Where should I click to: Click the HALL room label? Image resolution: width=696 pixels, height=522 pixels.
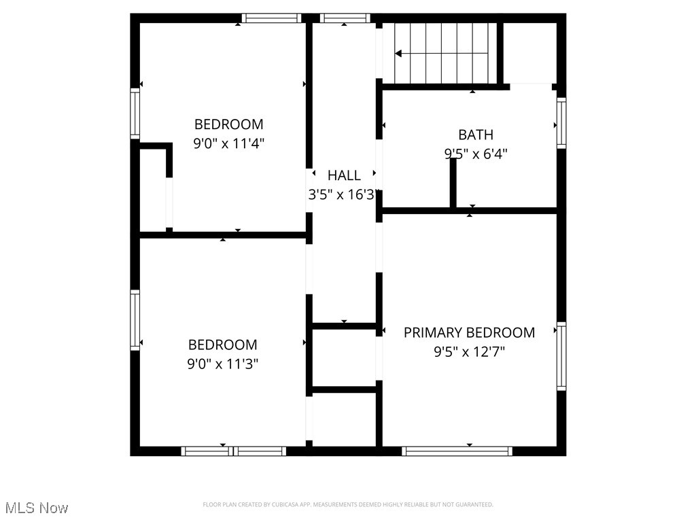[x=344, y=175]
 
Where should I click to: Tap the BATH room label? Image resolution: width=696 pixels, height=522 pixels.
[x=475, y=135]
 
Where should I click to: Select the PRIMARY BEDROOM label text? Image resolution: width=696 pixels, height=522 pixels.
[x=469, y=332]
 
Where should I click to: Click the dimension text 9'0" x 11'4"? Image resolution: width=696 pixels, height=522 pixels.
[x=228, y=143]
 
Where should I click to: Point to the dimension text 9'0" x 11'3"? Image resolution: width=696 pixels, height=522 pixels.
[x=222, y=364]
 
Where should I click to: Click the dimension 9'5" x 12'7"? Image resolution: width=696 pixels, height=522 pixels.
[x=469, y=352]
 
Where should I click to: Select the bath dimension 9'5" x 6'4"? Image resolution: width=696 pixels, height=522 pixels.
[x=475, y=154]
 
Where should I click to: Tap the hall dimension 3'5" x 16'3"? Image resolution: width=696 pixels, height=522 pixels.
[x=343, y=195]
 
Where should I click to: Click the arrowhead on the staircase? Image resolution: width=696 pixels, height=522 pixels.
[x=399, y=53]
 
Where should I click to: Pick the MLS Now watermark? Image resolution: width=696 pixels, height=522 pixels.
[x=36, y=507]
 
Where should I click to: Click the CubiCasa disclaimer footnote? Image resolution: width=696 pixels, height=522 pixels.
[x=347, y=504]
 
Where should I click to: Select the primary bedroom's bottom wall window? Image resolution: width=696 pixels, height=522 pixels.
[x=457, y=451]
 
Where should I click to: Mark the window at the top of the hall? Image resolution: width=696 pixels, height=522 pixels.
[x=345, y=18]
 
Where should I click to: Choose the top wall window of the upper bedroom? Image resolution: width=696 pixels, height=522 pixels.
[x=271, y=18]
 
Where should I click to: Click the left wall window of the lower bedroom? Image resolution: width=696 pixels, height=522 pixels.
[x=135, y=320]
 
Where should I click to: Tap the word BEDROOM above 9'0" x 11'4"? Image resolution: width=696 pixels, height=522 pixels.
[x=228, y=124]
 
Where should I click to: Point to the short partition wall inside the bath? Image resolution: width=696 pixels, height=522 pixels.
[x=453, y=182]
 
